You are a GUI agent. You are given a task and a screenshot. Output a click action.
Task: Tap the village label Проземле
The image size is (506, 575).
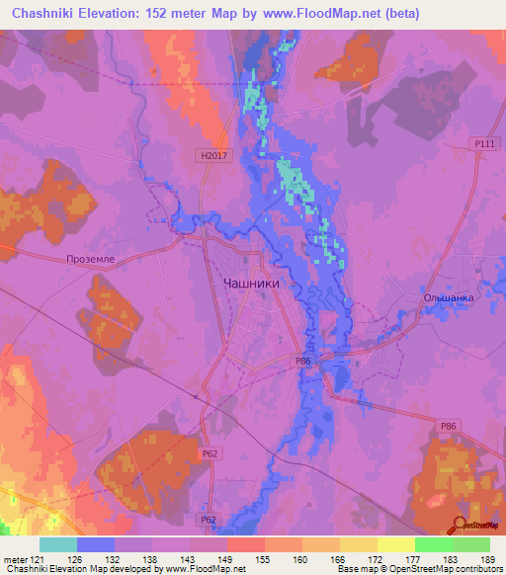click(90, 259)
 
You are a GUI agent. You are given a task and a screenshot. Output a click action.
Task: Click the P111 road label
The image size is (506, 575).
click(483, 144)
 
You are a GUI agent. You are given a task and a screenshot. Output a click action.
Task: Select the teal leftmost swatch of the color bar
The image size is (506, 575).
click(57, 544)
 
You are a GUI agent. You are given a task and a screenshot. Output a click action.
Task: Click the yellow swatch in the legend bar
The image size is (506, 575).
click(395, 544)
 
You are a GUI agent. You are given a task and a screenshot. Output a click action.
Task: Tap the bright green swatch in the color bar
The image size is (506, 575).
click(433, 544)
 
